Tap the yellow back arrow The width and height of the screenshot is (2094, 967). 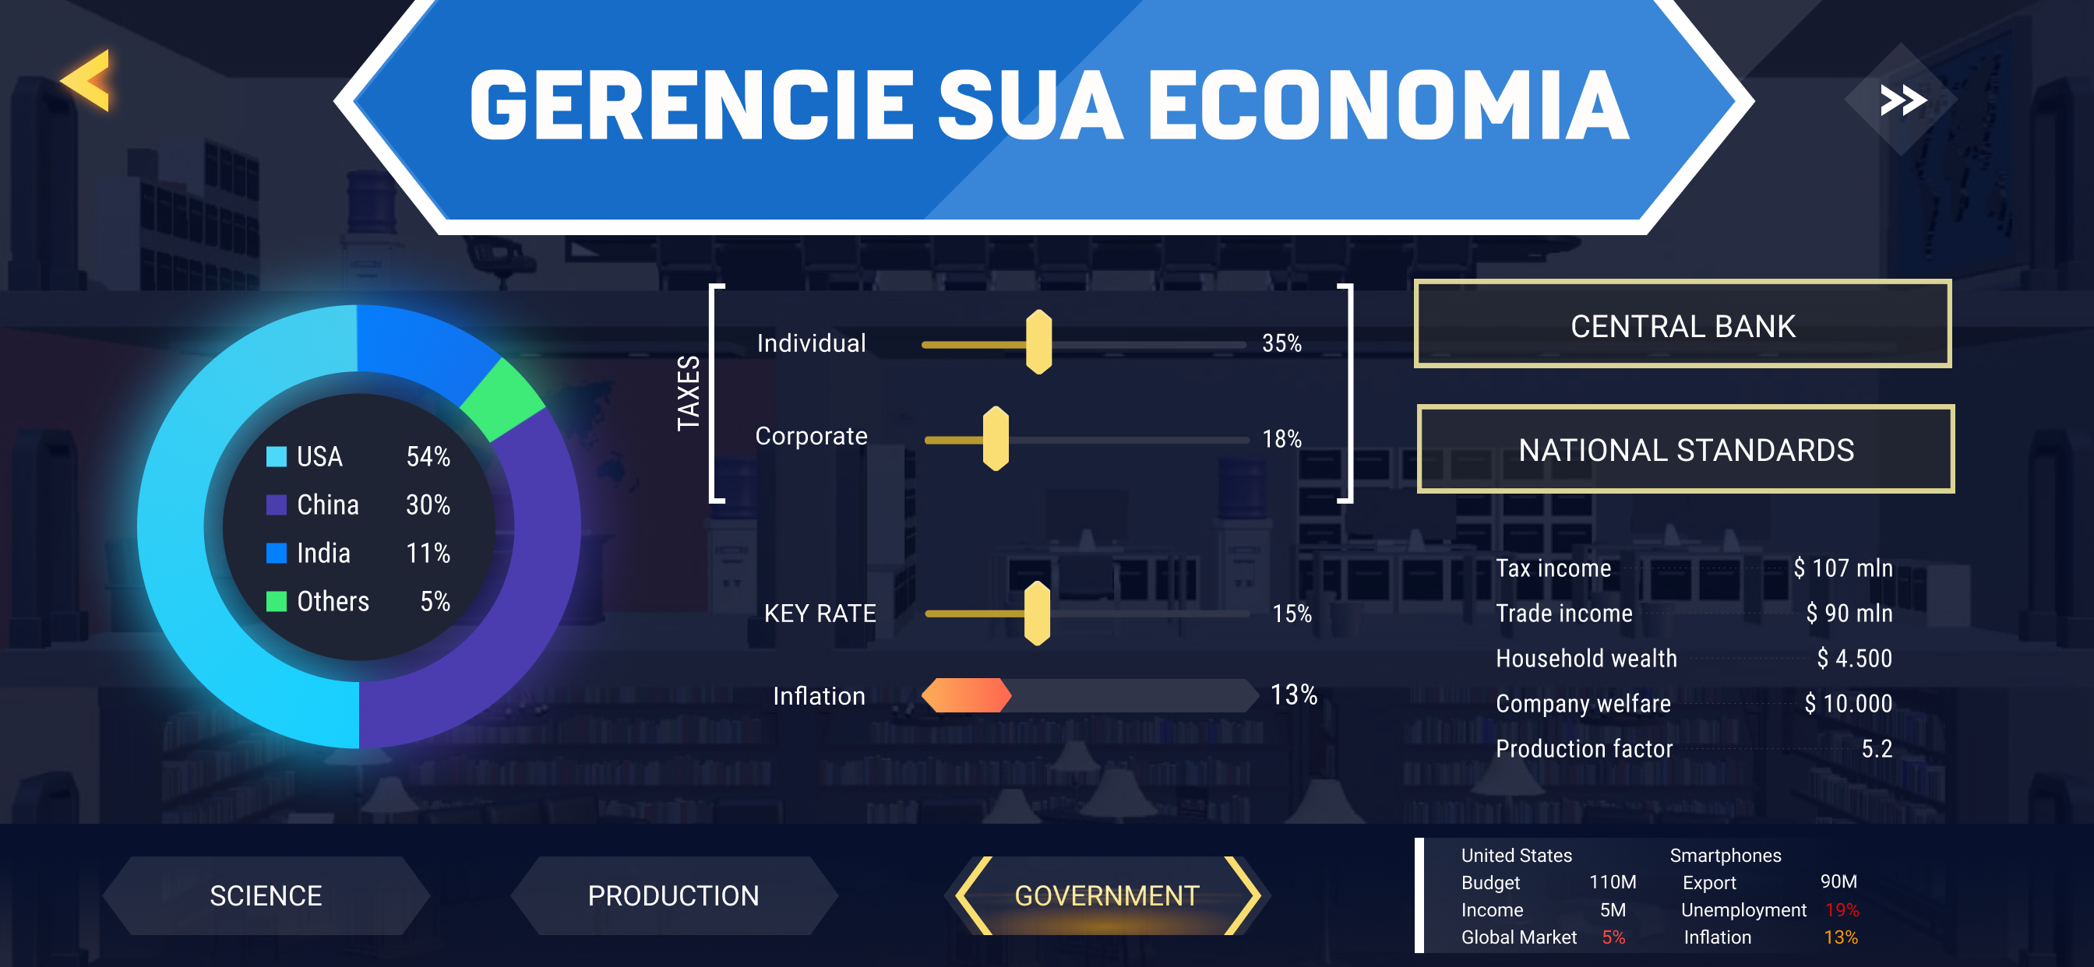[86, 80]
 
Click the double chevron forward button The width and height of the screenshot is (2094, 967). [1902, 100]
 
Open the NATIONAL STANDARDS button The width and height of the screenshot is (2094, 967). [1685, 449]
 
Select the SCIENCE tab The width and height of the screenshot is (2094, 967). [266, 895]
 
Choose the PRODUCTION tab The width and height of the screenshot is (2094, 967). [673, 895]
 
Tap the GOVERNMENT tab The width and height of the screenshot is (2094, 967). [1106, 895]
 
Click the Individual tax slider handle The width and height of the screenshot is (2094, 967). [1038, 342]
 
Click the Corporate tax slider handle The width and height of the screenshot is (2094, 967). [995, 439]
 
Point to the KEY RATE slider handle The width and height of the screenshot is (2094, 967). [1036, 614]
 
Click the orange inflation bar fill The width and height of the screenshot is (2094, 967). [967, 695]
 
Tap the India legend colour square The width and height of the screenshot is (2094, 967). [277, 554]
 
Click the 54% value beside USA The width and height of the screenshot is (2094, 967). [428, 457]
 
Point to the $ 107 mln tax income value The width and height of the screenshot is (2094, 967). [1843, 568]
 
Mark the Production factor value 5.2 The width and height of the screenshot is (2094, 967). [1876, 748]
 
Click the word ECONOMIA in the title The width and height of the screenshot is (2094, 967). [1388, 105]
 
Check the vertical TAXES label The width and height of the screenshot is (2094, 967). [688, 393]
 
